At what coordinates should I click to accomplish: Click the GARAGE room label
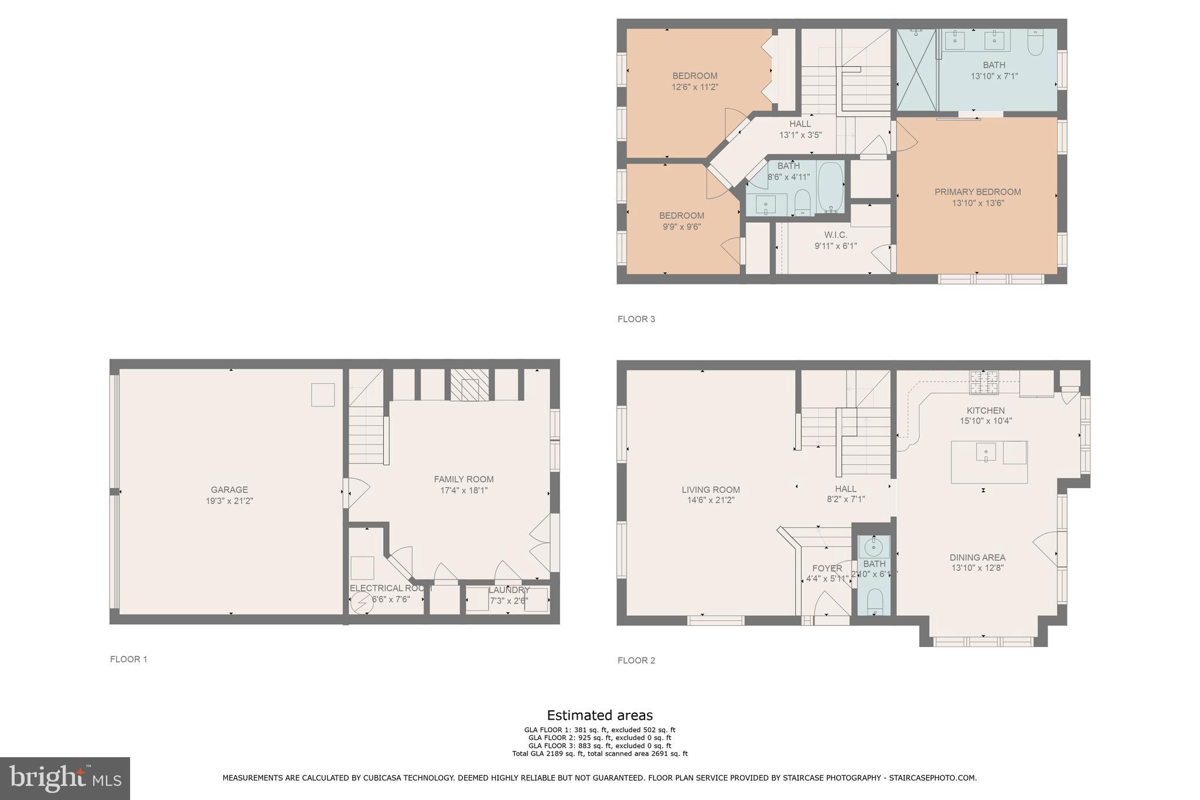click(x=229, y=489)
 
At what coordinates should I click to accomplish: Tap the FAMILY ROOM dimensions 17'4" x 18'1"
click(x=463, y=491)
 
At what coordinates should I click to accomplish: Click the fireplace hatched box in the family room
click(x=469, y=385)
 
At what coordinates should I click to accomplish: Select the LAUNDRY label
click(x=509, y=590)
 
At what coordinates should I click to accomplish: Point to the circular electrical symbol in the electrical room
click(x=361, y=602)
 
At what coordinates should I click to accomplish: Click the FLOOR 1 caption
click(x=128, y=659)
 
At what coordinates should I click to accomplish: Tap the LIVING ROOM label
click(x=710, y=489)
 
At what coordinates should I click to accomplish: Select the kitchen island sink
click(x=986, y=452)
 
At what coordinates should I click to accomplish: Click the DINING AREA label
click(x=977, y=557)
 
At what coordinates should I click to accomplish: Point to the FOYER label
click(x=827, y=568)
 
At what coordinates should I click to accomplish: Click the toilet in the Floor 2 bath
click(x=874, y=601)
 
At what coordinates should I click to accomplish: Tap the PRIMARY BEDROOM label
click(x=977, y=192)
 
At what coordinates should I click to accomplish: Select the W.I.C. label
click(x=836, y=235)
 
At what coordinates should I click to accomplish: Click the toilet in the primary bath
click(x=1035, y=43)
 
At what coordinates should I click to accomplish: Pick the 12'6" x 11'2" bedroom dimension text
click(x=695, y=87)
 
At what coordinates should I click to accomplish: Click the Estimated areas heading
click(x=599, y=715)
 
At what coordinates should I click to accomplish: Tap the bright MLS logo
click(x=65, y=778)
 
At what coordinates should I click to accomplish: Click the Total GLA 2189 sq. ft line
click(x=599, y=754)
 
